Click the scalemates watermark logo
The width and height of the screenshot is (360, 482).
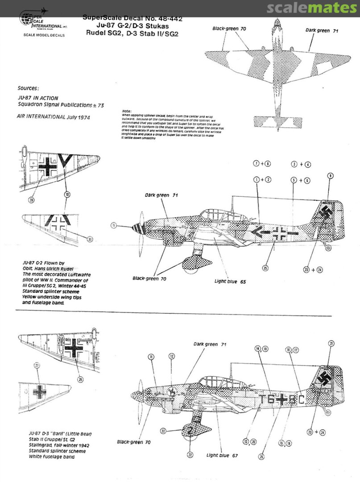coord(312,8)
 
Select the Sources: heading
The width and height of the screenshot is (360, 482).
coord(28,89)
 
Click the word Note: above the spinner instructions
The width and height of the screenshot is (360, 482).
coord(127,111)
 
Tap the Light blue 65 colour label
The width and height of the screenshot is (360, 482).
coord(230,282)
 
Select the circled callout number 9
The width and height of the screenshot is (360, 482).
coord(331,176)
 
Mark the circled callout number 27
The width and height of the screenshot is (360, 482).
coord(37,365)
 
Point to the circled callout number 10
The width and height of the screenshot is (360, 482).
coord(67,195)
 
